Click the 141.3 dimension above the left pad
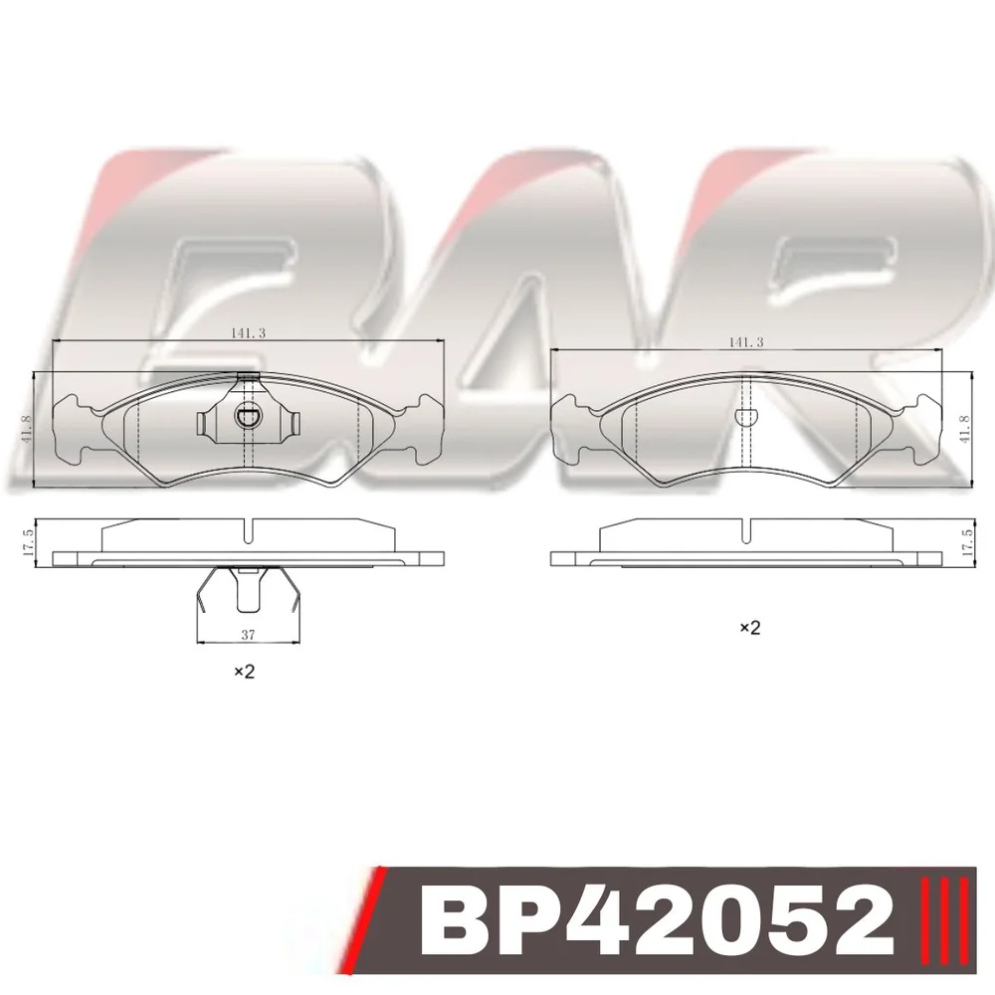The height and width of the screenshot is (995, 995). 248,332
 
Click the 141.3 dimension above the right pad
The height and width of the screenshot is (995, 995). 745,342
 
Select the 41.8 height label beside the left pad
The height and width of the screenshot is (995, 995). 26,428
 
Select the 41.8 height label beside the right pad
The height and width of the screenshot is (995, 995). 964,428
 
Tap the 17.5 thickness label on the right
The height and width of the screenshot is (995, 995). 966,542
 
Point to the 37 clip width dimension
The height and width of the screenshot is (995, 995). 248,634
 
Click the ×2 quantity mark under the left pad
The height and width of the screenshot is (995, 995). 245,671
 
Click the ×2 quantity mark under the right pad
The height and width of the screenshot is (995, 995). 749,628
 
